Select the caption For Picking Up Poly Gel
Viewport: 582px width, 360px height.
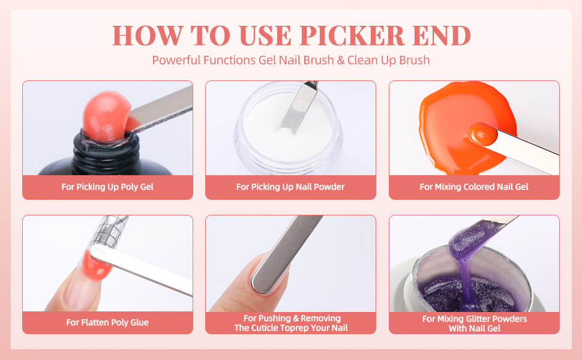[107, 187]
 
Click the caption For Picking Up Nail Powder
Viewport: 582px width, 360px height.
[290, 187]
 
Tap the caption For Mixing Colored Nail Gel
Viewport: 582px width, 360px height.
[474, 187]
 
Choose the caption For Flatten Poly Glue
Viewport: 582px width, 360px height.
[107, 322]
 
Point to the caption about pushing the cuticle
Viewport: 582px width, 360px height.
[290, 323]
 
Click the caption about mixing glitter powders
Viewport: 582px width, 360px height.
[474, 323]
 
